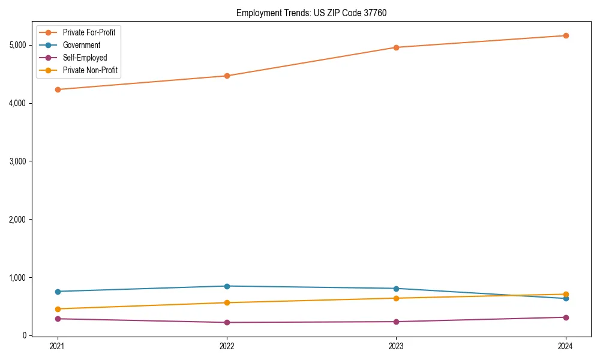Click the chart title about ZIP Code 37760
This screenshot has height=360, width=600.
[316, 13]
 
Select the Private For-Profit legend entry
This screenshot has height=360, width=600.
[89, 32]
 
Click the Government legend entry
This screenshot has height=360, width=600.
[82, 45]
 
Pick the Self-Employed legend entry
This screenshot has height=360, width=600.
[85, 58]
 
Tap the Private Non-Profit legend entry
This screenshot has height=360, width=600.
[90, 70]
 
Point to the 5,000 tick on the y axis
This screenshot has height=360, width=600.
[17, 45]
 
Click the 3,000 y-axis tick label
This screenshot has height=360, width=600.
[17, 161]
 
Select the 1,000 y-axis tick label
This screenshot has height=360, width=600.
[17, 278]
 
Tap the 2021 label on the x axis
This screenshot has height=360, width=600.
[58, 346]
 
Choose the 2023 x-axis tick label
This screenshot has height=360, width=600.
[396, 346]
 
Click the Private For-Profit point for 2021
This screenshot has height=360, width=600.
[58, 89]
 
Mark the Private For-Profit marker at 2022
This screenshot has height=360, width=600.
[227, 76]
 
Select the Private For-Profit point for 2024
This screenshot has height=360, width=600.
[566, 35]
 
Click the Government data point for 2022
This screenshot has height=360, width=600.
[227, 286]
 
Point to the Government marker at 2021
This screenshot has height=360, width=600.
[58, 292]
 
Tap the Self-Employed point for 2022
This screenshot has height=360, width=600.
[227, 322]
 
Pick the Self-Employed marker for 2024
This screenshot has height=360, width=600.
[566, 317]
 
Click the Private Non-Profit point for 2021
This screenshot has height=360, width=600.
[58, 309]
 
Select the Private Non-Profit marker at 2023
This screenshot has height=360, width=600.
[396, 298]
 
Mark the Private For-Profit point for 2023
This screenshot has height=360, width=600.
[396, 47]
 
